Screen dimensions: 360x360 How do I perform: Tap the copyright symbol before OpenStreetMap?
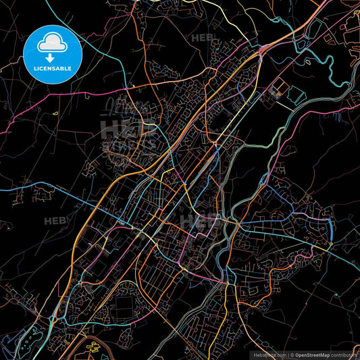tap(291, 354)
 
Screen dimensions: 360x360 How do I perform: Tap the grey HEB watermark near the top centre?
tap(203, 38)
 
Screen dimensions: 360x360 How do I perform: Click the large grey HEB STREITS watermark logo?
tap(128, 132)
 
